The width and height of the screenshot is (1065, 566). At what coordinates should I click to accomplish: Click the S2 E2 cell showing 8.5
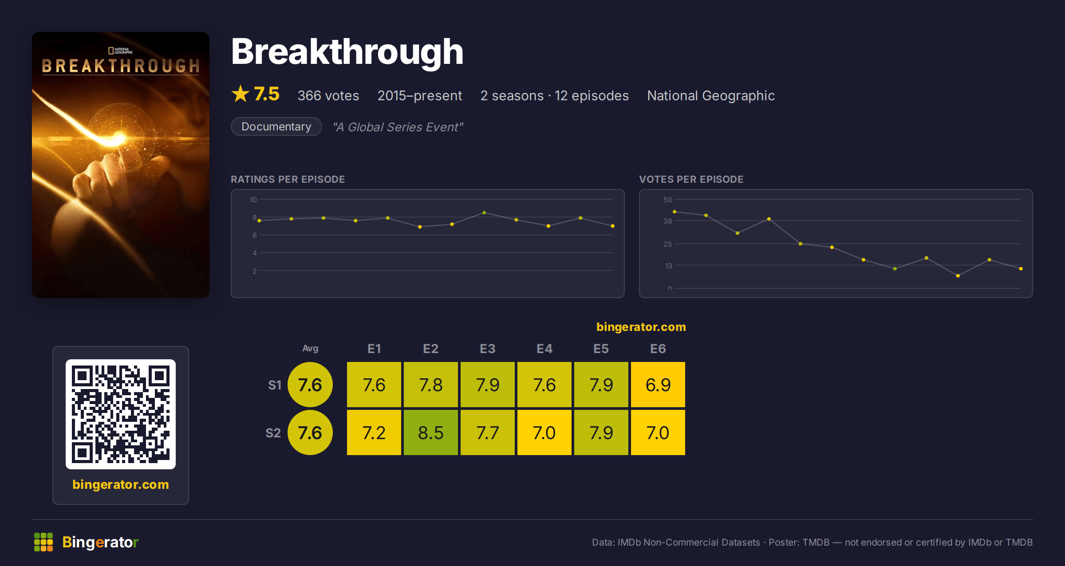(x=430, y=432)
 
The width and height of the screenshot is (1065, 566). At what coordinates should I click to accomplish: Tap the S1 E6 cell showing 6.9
(x=658, y=385)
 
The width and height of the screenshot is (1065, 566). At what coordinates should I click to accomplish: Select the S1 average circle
(x=310, y=385)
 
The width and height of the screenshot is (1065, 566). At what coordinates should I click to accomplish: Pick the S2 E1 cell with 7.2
(x=374, y=432)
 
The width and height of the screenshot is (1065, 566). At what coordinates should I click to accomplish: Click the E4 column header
(x=544, y=349)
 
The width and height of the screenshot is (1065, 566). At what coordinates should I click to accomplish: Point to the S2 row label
(x=273, y=433)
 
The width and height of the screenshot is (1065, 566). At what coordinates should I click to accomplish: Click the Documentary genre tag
(x=276, y=126)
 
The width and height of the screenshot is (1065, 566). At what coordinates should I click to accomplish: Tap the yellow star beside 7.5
(x=241, y=94)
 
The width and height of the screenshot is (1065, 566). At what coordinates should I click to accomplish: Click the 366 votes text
(x=328, y=95)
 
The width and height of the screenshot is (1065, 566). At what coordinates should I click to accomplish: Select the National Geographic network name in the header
(x=711, y=95)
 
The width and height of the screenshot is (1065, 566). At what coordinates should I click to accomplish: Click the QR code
(x=121, y=414)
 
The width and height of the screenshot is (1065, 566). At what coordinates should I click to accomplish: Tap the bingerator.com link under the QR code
(x=121, y=484)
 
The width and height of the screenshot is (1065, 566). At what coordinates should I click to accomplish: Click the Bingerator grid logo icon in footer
(x=43, y=542)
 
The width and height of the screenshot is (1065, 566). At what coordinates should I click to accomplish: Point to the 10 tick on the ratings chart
(x=253, y=200)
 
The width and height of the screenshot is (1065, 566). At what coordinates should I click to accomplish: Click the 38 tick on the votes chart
(x=668, y=221)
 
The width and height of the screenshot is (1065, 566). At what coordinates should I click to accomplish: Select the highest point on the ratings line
(x=484, y=212)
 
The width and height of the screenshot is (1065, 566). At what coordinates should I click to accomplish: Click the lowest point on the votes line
(x=958, y=276)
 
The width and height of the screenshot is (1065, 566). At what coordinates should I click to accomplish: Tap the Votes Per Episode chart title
(x=691, y=179)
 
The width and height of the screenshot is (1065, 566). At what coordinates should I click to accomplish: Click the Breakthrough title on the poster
(x=121, y=66)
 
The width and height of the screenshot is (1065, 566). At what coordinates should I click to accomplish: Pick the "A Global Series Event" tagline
(x=398, y=127)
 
